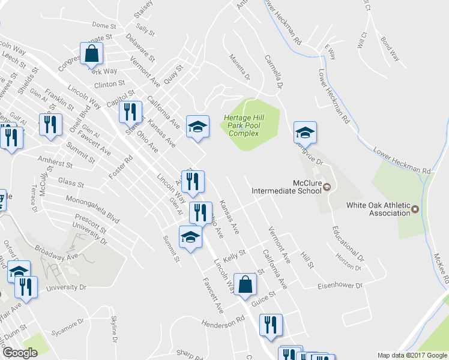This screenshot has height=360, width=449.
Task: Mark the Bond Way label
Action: tap(390, 50)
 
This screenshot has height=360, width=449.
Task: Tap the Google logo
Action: tap(20, 353)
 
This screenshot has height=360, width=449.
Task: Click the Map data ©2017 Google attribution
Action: tap(412, 355)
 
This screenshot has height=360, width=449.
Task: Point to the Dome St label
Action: tap(103, 26)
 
